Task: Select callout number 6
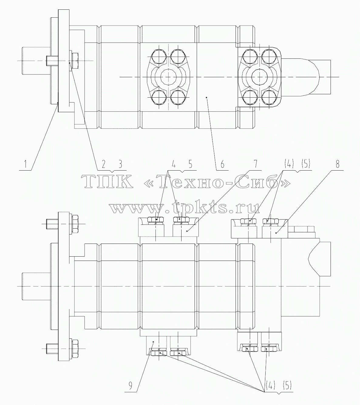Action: pos(222,164)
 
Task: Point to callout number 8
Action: pos(337,164)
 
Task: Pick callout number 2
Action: pos(104,164)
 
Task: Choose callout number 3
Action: pos(120,164)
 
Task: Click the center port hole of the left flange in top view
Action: pos(168,77)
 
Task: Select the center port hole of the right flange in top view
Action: pos(259,77)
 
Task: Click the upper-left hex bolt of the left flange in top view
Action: pos(159,57)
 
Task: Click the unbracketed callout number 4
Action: pos(173,164)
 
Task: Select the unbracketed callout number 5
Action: pos(190,164)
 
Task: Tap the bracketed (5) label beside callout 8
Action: pos(305,164)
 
